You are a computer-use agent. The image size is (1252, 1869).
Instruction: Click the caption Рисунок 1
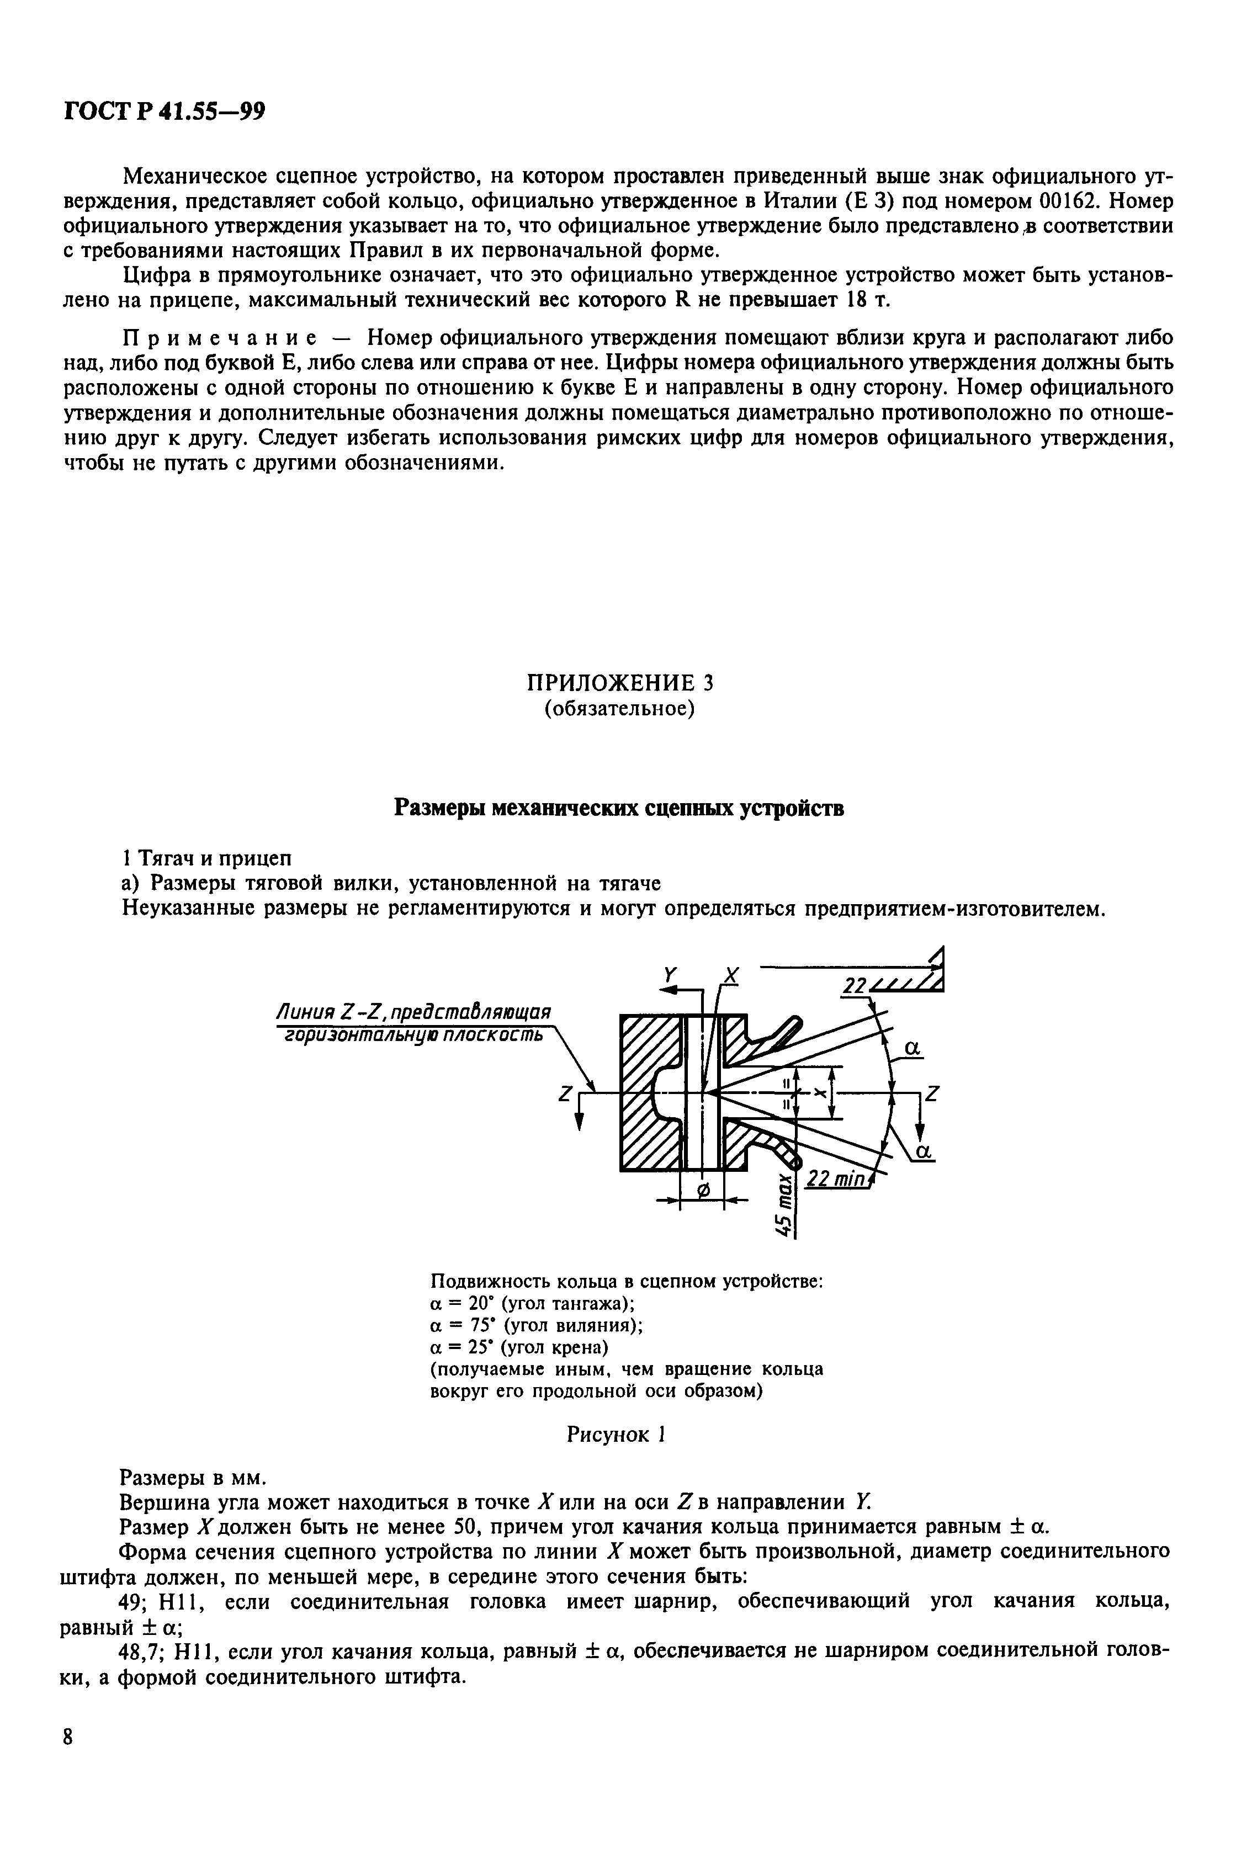(x=616, y=1435)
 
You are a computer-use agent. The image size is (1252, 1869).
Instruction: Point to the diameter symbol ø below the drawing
(x=703, y=1191)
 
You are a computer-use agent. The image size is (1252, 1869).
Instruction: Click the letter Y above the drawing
(x=671, y=975)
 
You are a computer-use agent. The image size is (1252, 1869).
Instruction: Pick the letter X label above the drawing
(x=730, y=975)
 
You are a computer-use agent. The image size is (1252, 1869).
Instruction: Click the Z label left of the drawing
(x=566, y=1097)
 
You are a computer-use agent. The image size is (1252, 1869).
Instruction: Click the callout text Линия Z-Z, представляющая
(x=413, y=1012)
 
